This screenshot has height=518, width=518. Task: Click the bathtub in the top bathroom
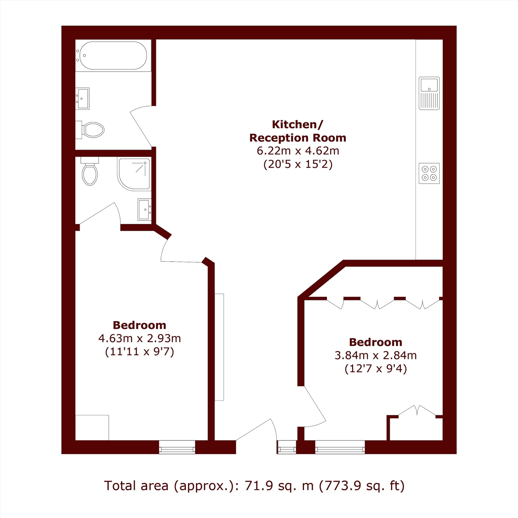[x=113, y=55]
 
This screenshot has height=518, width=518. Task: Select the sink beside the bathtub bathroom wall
[x=83, y=98]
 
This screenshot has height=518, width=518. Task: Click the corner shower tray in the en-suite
[x=134, y=174]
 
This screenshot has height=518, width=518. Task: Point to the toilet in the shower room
[x=90, y=171]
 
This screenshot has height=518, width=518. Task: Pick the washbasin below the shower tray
[x=145, y=209]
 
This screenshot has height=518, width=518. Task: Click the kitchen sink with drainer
[x=429, y=93]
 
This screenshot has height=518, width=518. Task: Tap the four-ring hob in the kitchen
[x=429, y=173]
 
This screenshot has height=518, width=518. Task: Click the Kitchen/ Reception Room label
[x=298, y=131]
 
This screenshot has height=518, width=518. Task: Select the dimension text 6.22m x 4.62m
[x=298, y=151]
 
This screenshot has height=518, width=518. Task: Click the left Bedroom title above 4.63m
[x=139, y=325]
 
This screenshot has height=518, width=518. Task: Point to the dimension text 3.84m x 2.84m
[x=376, y=355]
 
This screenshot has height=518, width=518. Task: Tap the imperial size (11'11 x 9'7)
[x=139, y=351]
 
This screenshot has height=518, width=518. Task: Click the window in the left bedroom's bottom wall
[x=177, y=447]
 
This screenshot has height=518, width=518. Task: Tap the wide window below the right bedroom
[x=340, y=447]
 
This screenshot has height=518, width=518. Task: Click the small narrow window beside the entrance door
[x=287, y=447]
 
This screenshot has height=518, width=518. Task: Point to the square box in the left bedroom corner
[x=92, y=428]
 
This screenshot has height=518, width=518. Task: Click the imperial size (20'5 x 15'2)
[x=298, y=164]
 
